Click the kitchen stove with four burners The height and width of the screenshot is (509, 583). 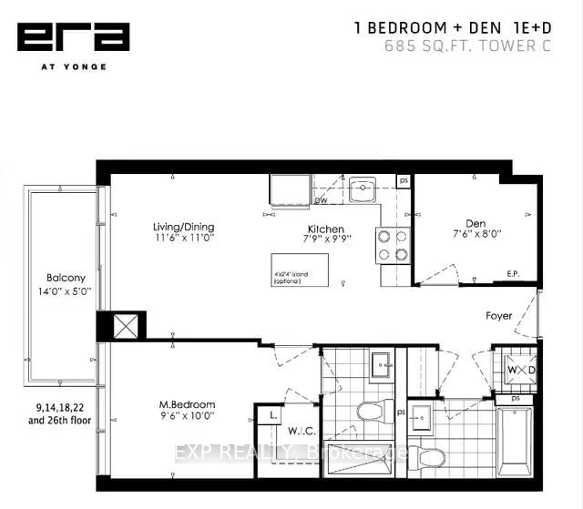(x=392, y=244)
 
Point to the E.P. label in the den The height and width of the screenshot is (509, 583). (x=513, y=274)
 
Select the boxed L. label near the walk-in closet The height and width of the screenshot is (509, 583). (x=273, y=415)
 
